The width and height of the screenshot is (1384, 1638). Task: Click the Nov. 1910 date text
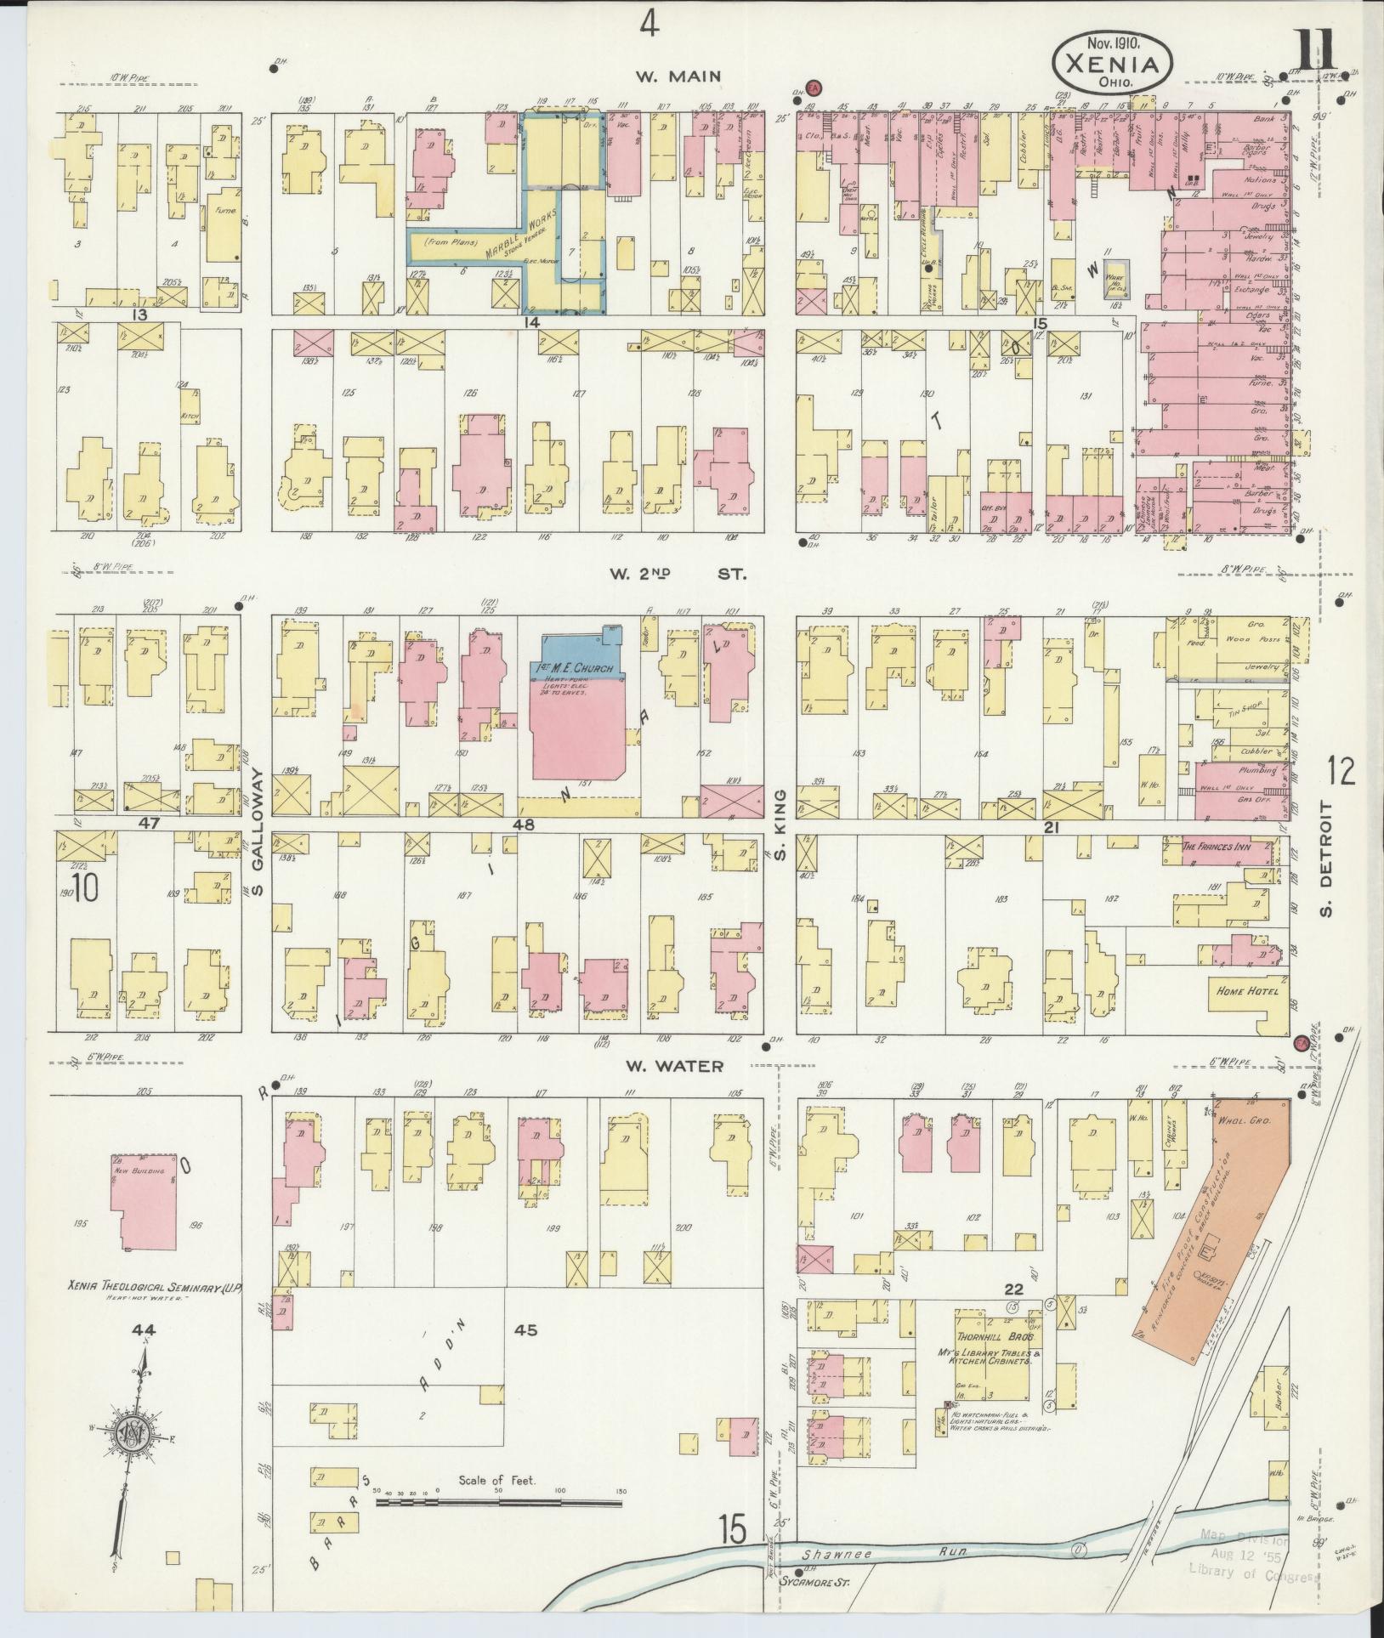tap(1113, 41)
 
